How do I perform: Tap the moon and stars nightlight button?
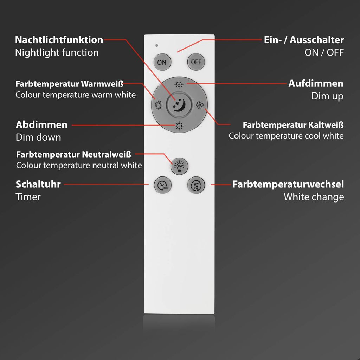179,105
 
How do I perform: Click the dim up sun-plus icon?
179,84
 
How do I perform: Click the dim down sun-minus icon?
179,126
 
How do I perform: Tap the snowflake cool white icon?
200,105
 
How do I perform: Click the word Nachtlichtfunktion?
59,40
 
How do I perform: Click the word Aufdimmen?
316,84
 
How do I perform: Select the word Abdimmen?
41,124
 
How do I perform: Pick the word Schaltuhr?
38,184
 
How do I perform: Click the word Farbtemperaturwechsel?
288,184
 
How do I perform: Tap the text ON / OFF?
324,53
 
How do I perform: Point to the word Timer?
28,197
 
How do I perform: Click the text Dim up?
327,96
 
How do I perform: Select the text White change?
314,197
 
